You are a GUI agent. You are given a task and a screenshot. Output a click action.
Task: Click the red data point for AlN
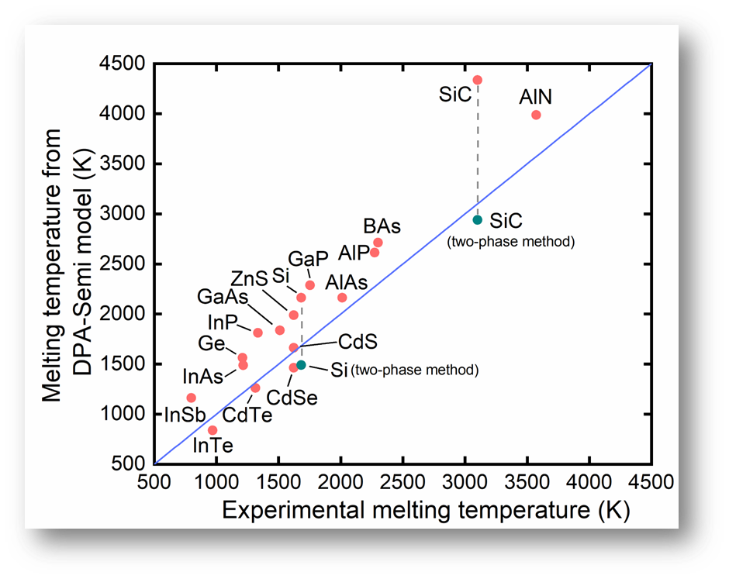[536, 115]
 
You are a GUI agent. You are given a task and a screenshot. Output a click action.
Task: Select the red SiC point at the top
[478, 80]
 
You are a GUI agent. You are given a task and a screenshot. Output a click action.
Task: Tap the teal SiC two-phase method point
[478, 220]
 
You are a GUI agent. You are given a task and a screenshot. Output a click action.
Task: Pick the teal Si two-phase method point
[301, 365]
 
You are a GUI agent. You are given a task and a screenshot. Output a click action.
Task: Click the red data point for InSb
[191, 398]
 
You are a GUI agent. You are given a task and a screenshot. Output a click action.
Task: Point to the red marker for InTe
[212, 430]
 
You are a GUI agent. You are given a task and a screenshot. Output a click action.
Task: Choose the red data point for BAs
[378, 243]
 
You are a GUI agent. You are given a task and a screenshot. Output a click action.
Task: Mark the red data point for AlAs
[342, 298]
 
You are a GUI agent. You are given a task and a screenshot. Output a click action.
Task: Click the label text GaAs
[223, 296]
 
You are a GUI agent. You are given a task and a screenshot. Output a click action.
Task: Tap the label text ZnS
[249, 279]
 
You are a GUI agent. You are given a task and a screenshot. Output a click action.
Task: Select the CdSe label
[292, 398]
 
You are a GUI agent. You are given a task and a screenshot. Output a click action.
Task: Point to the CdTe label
[247, 415]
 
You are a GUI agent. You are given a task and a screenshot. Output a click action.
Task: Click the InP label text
[223, 322]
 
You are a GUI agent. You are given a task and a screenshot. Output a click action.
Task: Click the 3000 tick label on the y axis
[123, 213]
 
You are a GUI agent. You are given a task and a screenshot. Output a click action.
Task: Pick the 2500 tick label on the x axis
[403, 482]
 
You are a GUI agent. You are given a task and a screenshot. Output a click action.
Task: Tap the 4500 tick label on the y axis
[123, 64]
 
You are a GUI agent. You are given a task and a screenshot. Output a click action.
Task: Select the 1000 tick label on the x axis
[216, 482]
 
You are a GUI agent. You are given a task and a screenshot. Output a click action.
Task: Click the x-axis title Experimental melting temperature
[406, 510]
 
